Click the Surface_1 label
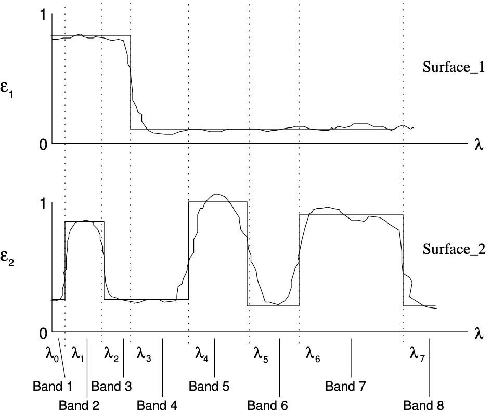[x=454, y=67]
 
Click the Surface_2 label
[x=454, y=249]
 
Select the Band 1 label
[x=52, y=387]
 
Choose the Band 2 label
[x=79, y=405]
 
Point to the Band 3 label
[x=111, y=387]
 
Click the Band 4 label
[x=157, y=405]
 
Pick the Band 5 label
[x=209, y=387]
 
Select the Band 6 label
[x=267, y=405]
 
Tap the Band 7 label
[x=346, y=387]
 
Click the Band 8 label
[x=424, y=405]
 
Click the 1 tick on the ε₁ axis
[x=43, y=16]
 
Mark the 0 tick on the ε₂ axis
[x=43, y=332]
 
